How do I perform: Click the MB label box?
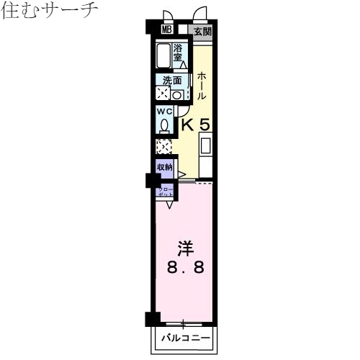tap(166, 30)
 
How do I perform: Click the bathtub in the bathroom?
tap(163, 55)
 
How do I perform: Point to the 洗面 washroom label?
tap(172, 81)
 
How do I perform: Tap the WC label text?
tap(164, 112)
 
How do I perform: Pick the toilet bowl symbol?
tap(165, 126)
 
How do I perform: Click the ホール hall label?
tap(202, 86)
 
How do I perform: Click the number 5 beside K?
tap(205, 125)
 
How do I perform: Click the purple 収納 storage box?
tap(166, 168)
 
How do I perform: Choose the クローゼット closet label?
tap(165, 193)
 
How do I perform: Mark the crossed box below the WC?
tap(165, 147)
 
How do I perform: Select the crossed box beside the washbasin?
tap(163, 94)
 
